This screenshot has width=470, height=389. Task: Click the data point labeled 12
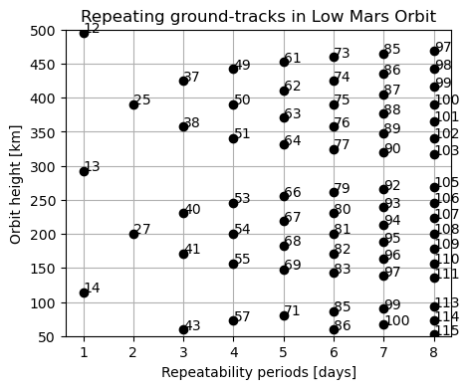[84, 33]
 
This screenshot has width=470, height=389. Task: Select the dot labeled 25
[133, 104]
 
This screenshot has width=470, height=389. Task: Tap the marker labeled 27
[133, 234]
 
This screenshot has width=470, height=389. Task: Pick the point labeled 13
[84, 171]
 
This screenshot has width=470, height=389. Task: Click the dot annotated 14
[84, 292]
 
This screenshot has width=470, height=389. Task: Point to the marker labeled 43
[183, 329]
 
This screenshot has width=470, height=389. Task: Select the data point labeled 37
[183, 81]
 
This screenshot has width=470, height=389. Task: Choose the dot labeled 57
[233, 320]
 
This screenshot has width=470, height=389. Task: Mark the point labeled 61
[284, 62]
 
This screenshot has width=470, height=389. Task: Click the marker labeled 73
[334, 57]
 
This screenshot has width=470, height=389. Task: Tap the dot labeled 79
[334, 192]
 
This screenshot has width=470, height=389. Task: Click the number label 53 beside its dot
[242, 199]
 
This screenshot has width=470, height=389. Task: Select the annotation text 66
[293, 193]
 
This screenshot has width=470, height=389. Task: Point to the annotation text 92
[392, 186]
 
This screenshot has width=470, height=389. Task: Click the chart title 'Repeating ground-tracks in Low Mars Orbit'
[259, 16]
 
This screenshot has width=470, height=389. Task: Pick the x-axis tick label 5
[284, 351]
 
